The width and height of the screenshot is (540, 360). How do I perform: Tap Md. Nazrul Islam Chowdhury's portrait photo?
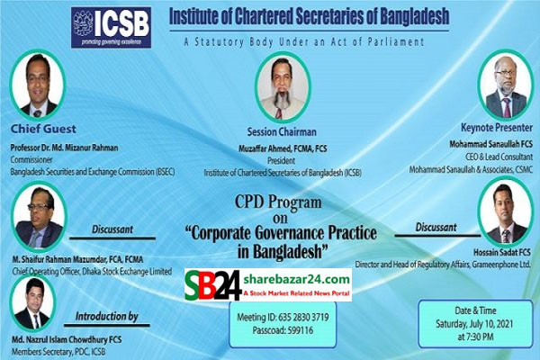point(31,303)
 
